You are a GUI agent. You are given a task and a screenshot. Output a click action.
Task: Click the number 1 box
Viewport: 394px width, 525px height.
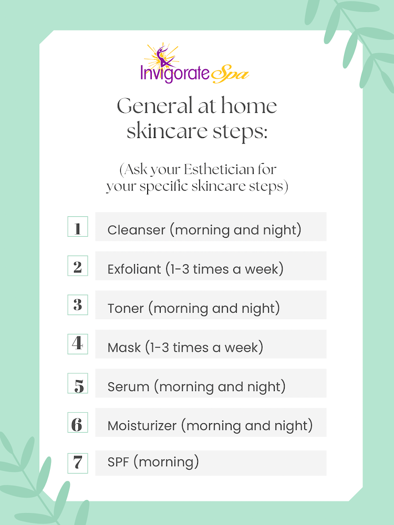click(x=78, y=227)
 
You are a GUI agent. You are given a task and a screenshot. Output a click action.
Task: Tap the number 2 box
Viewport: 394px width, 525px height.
click(x=78, y=266)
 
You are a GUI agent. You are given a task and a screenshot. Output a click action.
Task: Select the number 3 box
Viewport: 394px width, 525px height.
click(x=78, y=304)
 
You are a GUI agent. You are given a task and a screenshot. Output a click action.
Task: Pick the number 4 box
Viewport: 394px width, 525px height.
click(x=78, y=344)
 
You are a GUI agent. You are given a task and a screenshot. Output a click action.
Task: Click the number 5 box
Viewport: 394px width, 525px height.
click(x=78, y=383)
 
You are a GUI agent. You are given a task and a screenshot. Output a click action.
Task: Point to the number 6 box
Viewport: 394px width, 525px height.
click(x=78, y=422)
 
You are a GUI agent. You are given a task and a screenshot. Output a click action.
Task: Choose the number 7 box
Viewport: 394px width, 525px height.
click(x=78, y=463)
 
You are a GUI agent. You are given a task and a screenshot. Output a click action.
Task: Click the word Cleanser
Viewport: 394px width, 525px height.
click(x=137, y=230)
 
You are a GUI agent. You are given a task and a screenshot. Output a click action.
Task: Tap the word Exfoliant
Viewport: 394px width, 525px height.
click(x=134, y=269)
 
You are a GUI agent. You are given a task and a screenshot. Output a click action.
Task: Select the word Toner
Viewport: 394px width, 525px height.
click(x=126, y=308)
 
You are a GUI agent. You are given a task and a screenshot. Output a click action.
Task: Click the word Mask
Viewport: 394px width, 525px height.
click(x=124, y=348)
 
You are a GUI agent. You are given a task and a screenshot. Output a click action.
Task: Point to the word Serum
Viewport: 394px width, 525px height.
click(x=128, y=387)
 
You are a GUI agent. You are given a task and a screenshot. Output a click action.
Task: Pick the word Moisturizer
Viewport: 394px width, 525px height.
click(x=142, y=426)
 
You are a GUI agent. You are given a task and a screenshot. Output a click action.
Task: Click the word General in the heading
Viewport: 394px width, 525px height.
click(x=155, y=106)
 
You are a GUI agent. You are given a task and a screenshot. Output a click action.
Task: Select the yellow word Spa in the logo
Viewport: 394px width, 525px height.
click(x=230, y=74)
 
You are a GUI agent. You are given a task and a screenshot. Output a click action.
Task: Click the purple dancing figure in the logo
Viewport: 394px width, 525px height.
click(x=163, y=57)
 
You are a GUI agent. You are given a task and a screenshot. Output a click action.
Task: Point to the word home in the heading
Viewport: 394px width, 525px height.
click(x=249, y=106)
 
